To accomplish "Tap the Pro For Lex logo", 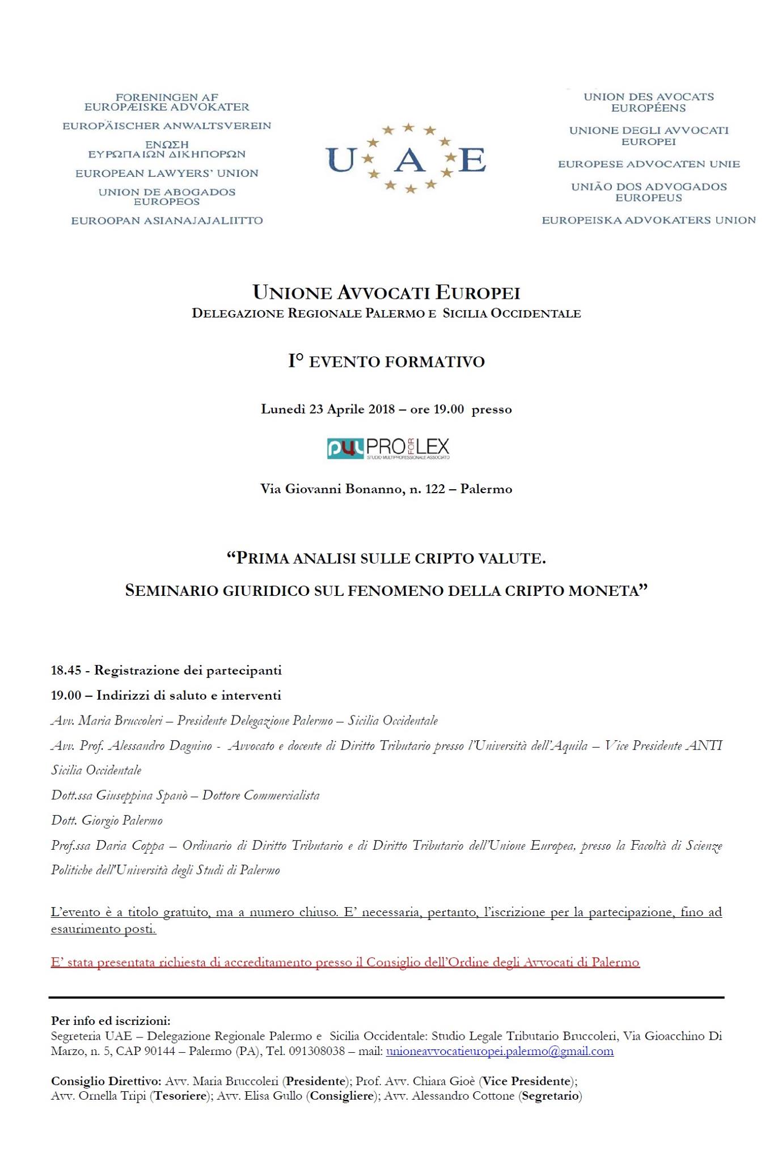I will tap(388, 448).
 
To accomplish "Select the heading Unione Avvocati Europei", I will tap(386, 293).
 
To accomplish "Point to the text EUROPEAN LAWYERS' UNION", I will tap(167, 173).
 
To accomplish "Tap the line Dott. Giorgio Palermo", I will tap(107, 820).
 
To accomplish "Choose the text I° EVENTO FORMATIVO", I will tap(386, 362).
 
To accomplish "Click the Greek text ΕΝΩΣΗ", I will tap(167, 145).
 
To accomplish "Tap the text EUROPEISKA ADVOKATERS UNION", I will tap(649, 220).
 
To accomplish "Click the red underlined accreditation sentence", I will tap(345, 962).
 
